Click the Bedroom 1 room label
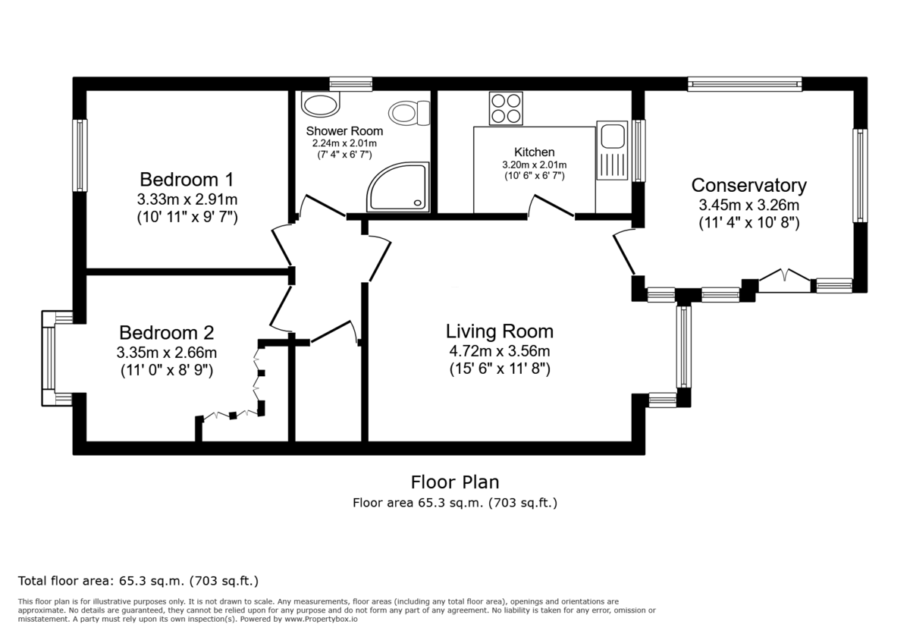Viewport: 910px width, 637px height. pos(187,180)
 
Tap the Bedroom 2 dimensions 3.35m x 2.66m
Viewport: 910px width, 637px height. pos(166,353)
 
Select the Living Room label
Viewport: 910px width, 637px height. pos(499,331)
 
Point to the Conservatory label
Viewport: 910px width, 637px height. pos(748,185)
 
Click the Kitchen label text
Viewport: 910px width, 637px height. pos(534,152)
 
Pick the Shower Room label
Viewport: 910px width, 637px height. pos(344,131)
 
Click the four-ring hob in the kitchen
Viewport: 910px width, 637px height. pos(506,108)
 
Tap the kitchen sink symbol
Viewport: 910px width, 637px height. pos(611,139)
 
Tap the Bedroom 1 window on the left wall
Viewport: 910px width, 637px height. pos(79,155)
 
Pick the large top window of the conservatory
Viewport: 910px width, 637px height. pos(744,84)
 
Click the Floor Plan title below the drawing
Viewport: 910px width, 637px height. pos(454,482)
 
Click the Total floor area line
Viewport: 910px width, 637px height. pos(138,581)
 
